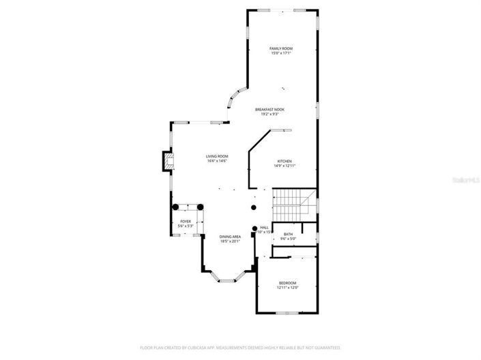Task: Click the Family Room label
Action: click(280, 48)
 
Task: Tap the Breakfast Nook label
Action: click(269, 109)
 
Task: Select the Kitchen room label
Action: click(285, 161)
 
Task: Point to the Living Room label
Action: click(216, 157)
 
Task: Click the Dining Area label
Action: click(230, 237)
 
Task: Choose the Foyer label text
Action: click(186, 222)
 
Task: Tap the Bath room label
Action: click(288, 234)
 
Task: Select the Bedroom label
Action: click(287, 283)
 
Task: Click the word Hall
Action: click(264, 228)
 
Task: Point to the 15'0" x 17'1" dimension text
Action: click(280, 53)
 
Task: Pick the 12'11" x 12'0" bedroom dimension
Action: click(287, 288)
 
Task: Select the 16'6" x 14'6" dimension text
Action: click(216, 162)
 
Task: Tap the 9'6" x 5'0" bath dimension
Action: click(288, 239)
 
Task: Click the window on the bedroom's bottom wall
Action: click(287, 312)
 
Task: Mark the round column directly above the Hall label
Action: click(254, 207)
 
